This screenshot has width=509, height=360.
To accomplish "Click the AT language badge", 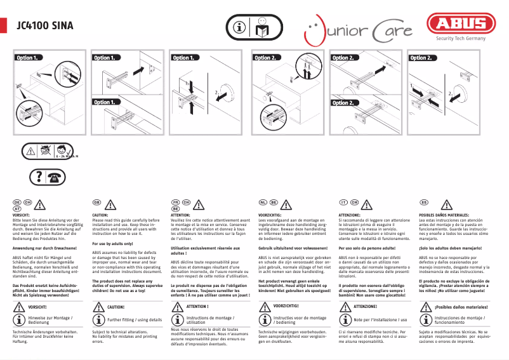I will pos(18,208).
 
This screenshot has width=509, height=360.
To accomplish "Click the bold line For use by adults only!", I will pos(112,243).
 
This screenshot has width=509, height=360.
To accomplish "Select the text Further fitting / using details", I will pos(135,319).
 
